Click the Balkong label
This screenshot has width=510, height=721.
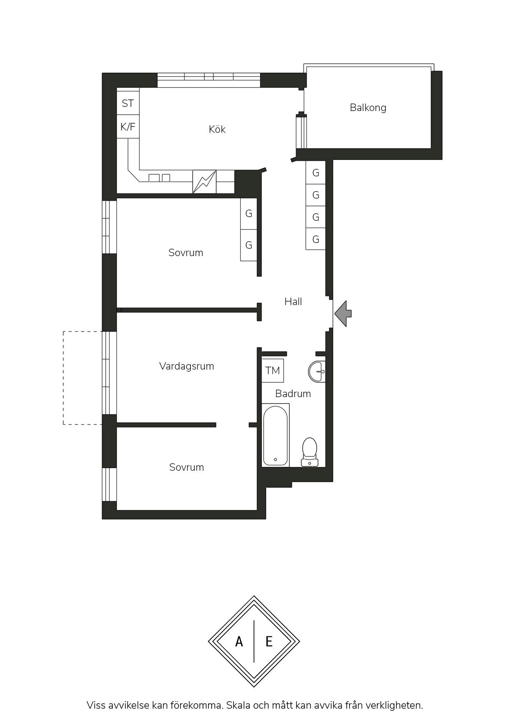[x=368, y=108]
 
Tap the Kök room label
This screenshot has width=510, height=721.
[x=217, y=129]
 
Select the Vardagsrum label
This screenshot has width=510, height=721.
[x=186, y=366]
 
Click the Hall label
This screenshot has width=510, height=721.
[x=293, y=301]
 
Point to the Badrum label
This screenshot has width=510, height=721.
[x=293, y=393]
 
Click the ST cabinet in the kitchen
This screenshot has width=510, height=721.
[x=128, y=103]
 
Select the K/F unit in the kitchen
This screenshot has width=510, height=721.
[x=128, y=127]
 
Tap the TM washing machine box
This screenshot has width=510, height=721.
[x=273, y=370]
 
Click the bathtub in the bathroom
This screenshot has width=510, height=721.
[x=275, y=435]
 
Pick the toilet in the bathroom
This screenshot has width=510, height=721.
[x=309, y=451]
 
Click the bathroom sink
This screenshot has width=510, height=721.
[x=317, y=371]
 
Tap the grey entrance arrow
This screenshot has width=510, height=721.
[x=343, y=314]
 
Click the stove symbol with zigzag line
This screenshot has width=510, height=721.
[x=204, y=181]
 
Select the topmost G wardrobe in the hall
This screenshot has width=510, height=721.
[x=315, y=173]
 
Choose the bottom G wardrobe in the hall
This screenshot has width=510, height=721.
[x=315, y=239]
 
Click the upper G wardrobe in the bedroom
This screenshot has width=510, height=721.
[x=249, y=214]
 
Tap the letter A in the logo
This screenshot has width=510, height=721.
[x=239, y=641]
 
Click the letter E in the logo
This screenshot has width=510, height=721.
[x=269, y=641]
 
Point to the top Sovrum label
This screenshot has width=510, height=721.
[x=186, y=252]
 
